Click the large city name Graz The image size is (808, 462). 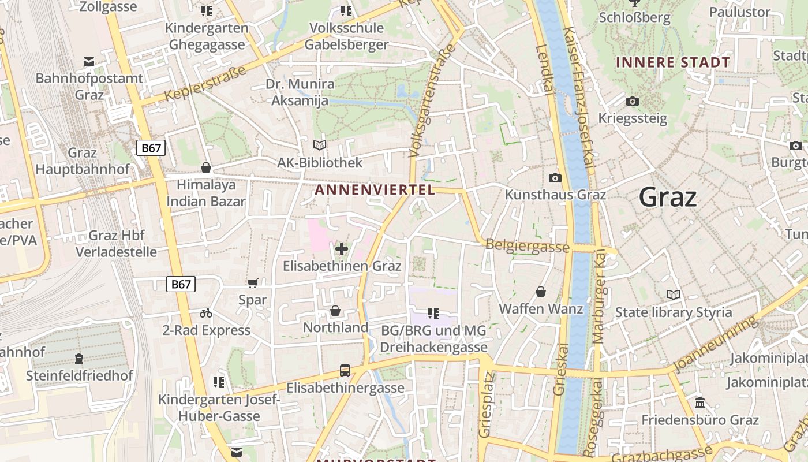pyautogui.click(x=668, y=198)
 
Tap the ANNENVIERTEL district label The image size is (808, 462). pyautogui.click(x=375, y=189)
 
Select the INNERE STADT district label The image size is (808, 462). pyautogui.click(x=672, y=62)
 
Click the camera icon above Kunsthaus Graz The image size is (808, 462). pyautogui.click(x=555, y=178)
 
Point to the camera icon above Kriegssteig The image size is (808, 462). pyautogui.click(x=633, y=102)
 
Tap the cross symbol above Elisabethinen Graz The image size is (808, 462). pyautogui.click(x=342, y=249)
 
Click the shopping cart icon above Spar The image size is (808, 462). pyautogui.click(x=252, y=283)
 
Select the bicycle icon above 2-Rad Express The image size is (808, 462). pyautogui.click(x=206, y=313)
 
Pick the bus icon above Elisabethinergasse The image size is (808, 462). pyautogui.click(x=345, y=370)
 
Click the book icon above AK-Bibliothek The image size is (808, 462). pyautogui.click(x=320, y=146)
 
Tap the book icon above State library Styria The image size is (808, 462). pyautogui.click(x=674, y=295)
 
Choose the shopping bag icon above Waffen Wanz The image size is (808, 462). pyautogui.click(x=541, y=292)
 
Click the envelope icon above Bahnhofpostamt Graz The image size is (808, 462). pyautogui.click(x=89, y=62)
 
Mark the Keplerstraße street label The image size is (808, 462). pyautogui.click(x=205, y=84)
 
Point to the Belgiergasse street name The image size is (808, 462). pyautogui.click(x=528, y=246)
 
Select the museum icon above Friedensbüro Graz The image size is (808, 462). pyautogui.click(x=700, y=403)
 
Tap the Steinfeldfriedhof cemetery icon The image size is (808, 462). pyautogui.click(x=79, y=359)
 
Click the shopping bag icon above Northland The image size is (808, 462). pyautogui.click(x=335, y=311)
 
